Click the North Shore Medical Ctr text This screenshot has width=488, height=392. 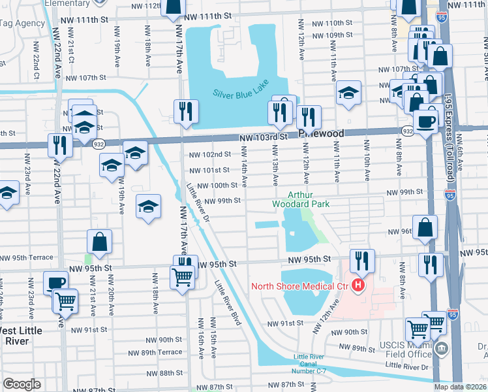tap(298, 286)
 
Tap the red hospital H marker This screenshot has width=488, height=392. tap(358, 285)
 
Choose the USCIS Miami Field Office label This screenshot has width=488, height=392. tap(406, 350)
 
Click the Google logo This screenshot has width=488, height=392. tap(22, 384)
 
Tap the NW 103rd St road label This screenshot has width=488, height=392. tap(264, 138)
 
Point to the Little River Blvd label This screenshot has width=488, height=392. tap(228, 301)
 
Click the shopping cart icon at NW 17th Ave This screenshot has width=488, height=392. tap(183, 276)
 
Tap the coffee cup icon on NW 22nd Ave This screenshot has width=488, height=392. tap(55, 283)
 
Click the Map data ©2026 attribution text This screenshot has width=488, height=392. tap(459, 387)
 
